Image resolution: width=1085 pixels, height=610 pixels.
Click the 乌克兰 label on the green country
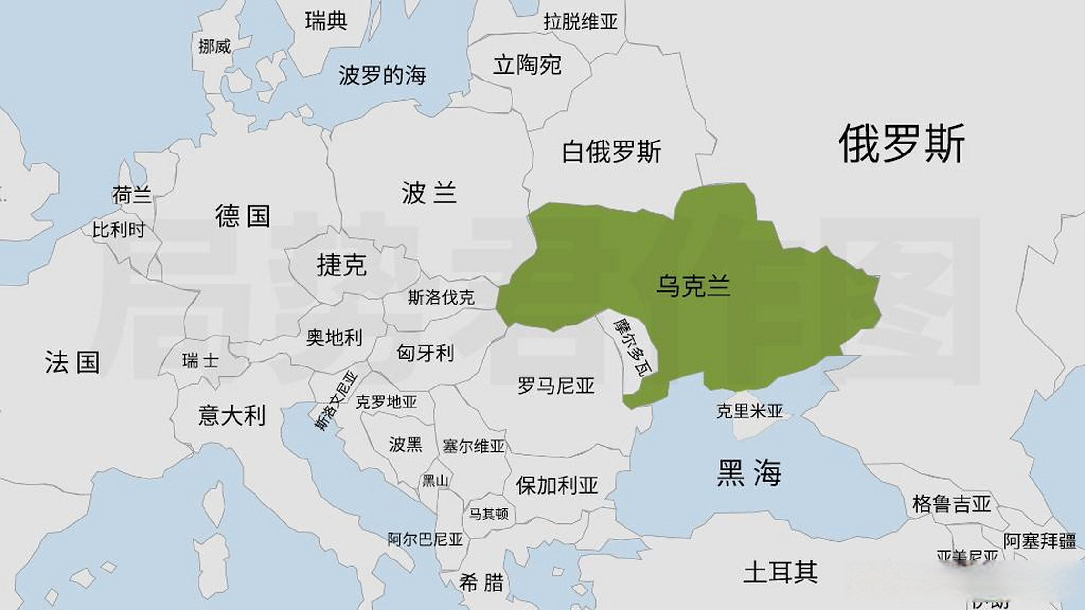tap(693, 286)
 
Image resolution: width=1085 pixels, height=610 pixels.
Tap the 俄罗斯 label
tap(901, 143)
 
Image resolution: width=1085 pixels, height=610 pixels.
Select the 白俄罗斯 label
tap(612, 152)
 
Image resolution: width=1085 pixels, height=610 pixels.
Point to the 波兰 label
tap(429, 193)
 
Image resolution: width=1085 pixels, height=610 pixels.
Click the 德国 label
tap(243, 216)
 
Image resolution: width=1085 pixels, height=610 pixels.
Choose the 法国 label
tap(72, 362)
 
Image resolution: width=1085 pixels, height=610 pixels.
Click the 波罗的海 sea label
tap(382, 75)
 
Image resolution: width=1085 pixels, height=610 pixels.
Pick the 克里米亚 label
tap(749, 411)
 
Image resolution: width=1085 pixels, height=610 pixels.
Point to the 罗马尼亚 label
tap(556, 385)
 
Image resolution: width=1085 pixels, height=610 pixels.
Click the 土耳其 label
tap(780, 572)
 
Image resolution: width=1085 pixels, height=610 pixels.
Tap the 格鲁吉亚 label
tap(952, 504)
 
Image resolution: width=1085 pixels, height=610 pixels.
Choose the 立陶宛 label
tap(527, 65)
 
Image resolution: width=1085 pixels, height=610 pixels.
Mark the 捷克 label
tap(342, 264)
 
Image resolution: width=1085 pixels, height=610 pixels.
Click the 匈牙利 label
tap(425, 353)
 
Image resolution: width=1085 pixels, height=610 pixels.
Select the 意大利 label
tap(232, 415)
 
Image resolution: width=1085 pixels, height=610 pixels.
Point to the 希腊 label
tap(481, 582)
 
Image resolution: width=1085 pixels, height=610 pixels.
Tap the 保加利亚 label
tap(557, 486)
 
